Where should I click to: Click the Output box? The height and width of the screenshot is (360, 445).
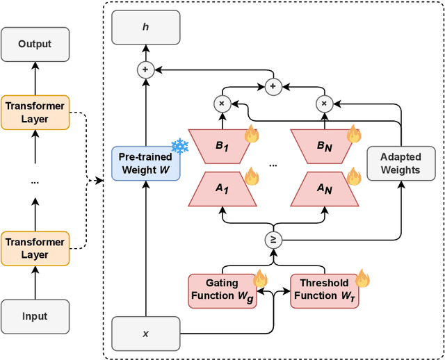pos(35,43)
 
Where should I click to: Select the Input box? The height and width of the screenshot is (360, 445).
pos(35,316)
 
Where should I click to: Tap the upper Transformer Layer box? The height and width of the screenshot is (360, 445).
pos(35,112)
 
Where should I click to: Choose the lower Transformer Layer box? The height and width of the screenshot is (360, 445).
pos(35,248)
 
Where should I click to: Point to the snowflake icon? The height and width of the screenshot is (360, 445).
pos(180,146)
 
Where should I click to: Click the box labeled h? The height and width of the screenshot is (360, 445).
pos(146,28)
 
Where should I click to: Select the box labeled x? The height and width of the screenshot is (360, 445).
pos(146,334)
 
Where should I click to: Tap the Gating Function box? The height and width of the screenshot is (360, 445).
pos(222,290)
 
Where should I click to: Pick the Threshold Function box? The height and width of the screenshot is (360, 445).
pos(324,290)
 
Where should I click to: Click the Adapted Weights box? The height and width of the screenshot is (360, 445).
pos(400,164)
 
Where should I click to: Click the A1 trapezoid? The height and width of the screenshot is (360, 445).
pos(222,189)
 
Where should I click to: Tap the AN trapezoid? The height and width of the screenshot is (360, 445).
pos(324,189)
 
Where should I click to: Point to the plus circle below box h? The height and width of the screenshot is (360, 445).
pos(146,69)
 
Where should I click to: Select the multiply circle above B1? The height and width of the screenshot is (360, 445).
pos(222,104)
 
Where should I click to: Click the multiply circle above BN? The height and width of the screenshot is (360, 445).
pos(324,104)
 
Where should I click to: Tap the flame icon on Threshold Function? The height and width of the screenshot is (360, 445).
pos(362,279)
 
